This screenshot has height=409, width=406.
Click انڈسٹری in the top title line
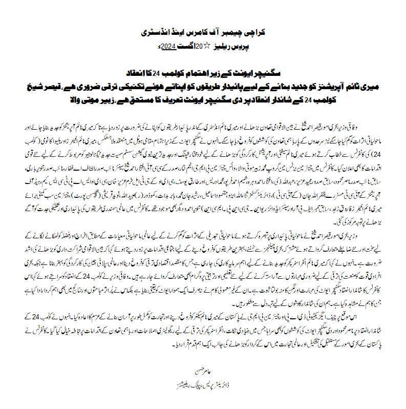coord(159,33)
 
